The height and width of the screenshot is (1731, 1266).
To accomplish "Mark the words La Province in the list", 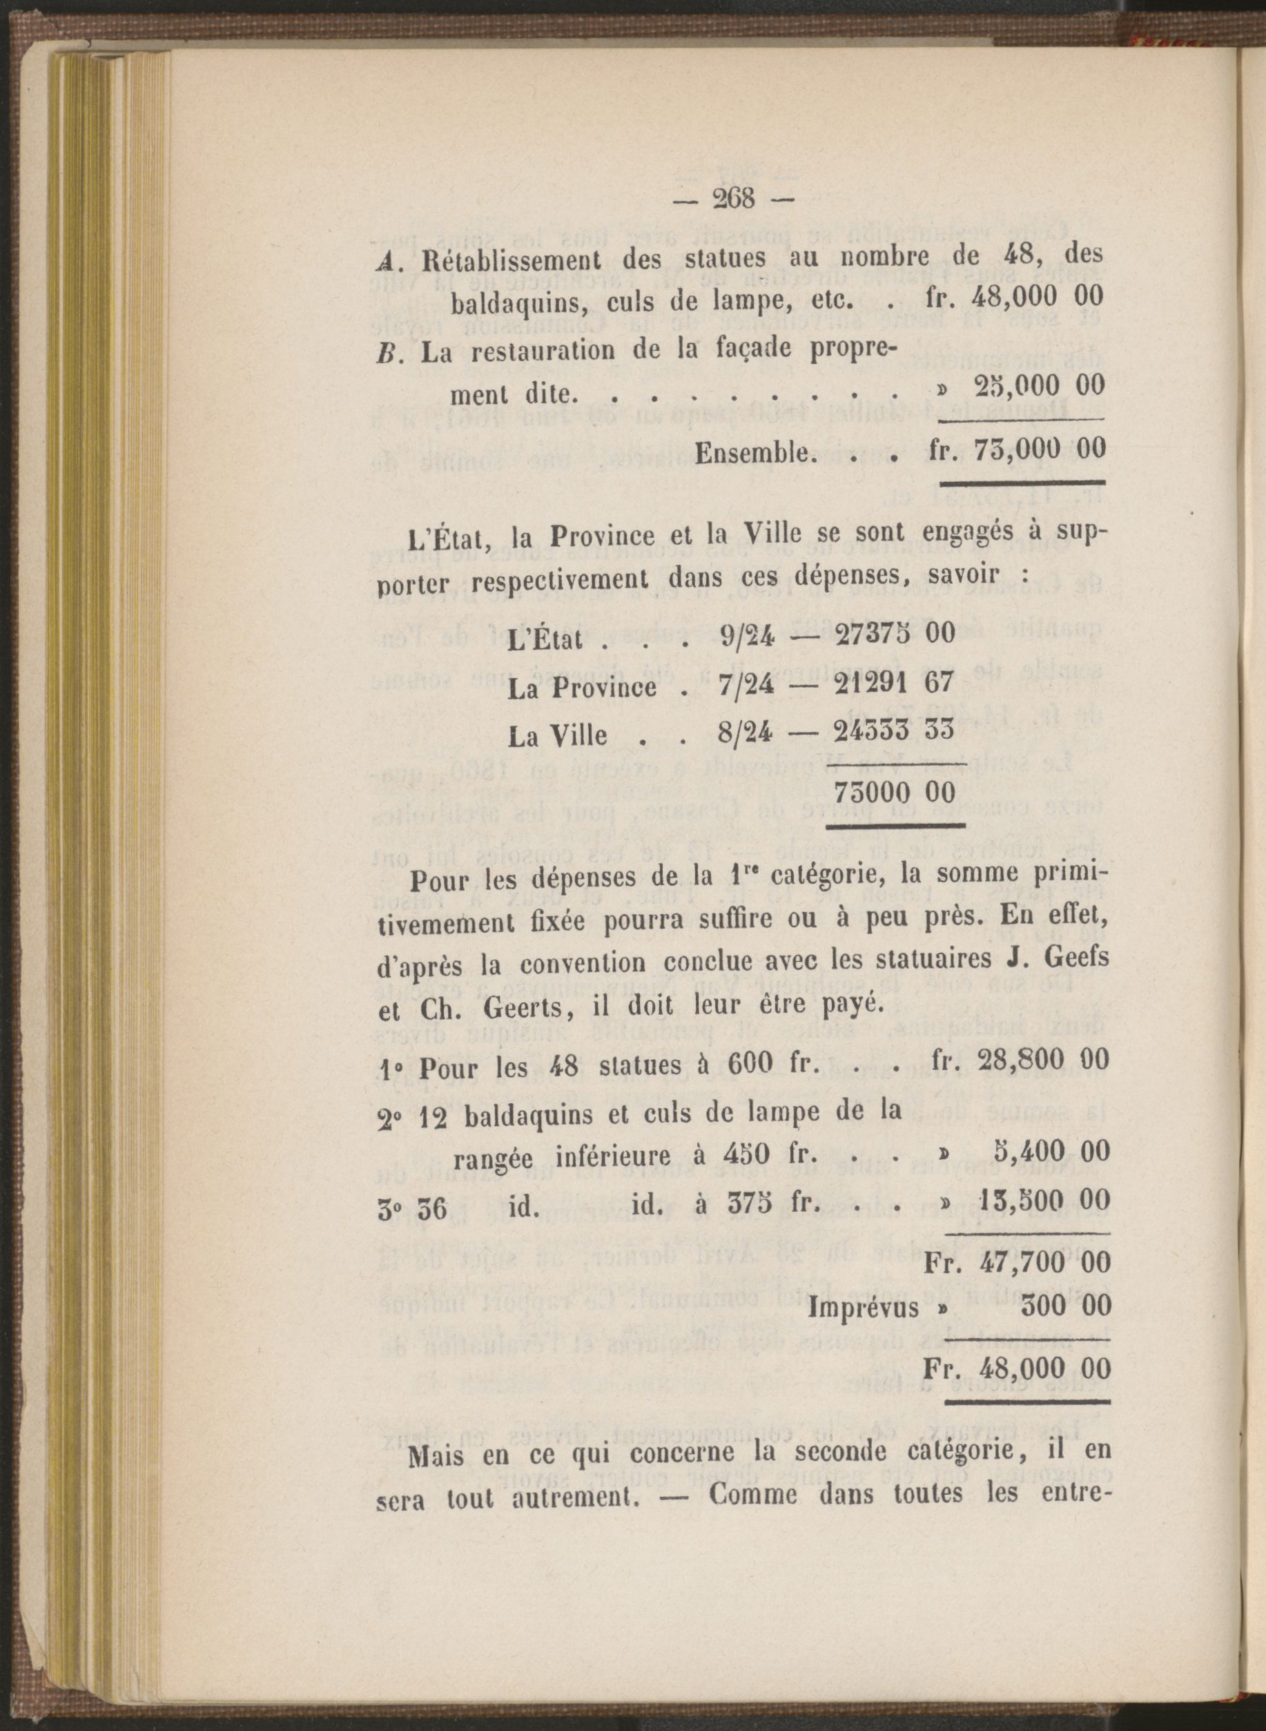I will (x=583, y=686).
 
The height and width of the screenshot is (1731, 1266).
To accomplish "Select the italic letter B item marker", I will (x=387, y=353).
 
